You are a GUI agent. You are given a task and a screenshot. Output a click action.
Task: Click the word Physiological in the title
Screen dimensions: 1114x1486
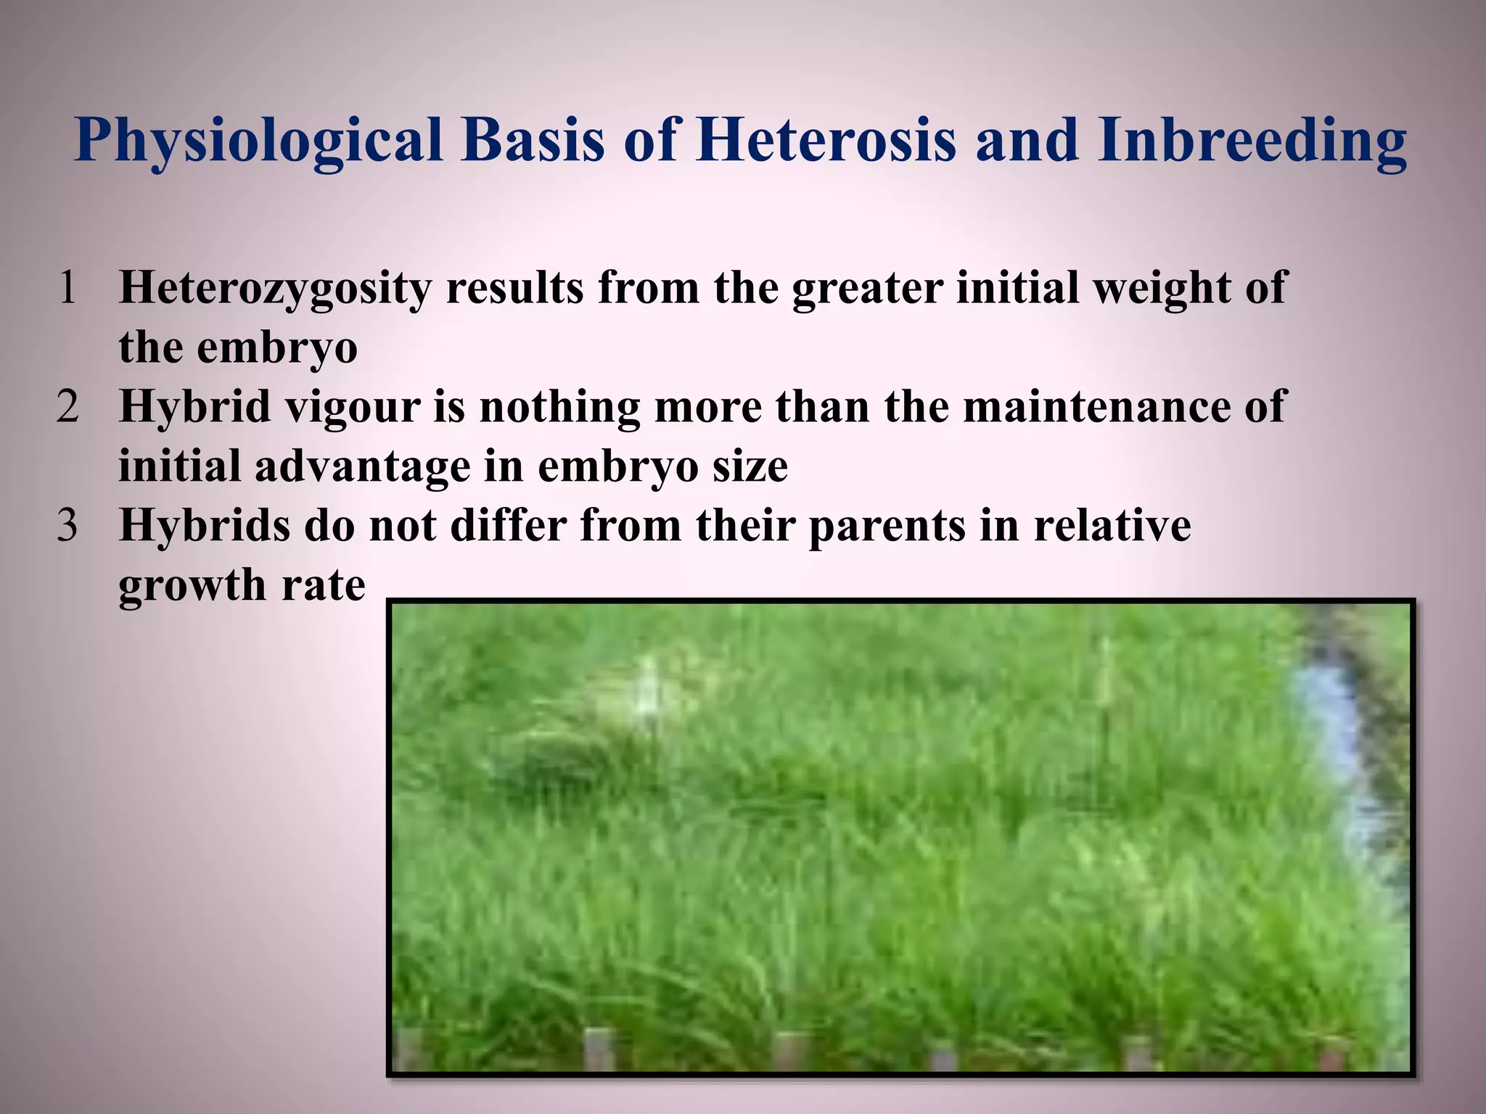[x=258, y=141]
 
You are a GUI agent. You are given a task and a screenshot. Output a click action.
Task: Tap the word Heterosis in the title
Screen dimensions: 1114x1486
[x=825, y=139]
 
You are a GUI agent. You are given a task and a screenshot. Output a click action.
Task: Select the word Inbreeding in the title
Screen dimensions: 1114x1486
[x=1252, y=141]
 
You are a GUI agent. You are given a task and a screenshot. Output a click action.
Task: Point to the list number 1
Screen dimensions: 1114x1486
[x=67, y=288]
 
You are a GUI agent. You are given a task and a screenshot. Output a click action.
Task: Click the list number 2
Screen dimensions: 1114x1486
[x=67, y=407]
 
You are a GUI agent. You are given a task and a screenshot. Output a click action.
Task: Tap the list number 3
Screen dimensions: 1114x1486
[x=67, y=526]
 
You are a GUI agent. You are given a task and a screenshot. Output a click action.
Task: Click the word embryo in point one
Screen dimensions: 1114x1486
[x=277, y=348]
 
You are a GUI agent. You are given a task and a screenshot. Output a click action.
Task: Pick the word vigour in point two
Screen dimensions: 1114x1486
[x=353, y=408]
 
